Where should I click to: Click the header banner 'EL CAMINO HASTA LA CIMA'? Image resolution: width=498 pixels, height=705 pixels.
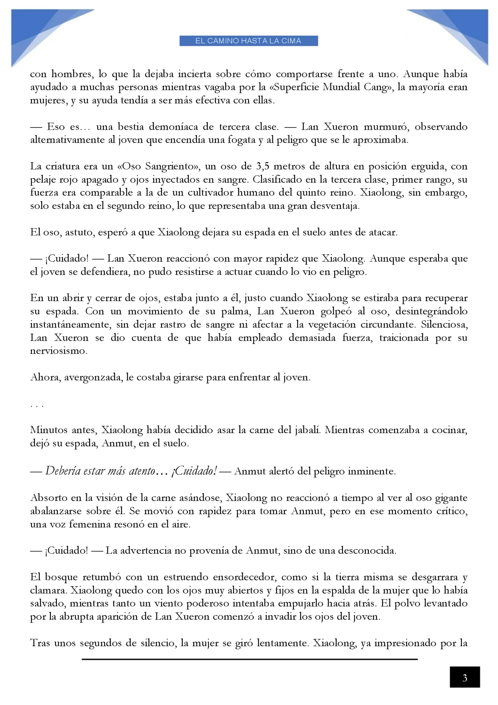pos(249,41)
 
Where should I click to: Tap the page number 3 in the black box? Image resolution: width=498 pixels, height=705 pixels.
pos(465,678)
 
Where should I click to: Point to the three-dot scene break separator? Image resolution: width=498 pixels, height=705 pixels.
pos(37,405)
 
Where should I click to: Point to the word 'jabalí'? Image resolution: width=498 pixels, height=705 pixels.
pos(305,430)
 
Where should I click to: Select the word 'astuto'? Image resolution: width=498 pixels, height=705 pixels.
pos(79,233)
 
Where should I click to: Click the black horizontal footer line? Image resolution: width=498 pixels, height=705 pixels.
pos(249,659)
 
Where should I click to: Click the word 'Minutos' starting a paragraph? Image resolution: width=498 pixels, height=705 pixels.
pos(48,430)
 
